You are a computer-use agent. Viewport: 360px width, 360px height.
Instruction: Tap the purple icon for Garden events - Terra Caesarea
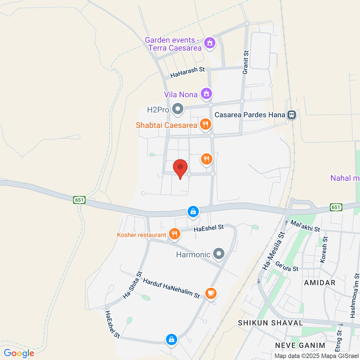210,43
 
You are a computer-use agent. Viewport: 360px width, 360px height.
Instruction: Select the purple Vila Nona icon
206,94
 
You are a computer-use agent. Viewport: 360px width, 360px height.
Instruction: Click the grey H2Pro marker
178,109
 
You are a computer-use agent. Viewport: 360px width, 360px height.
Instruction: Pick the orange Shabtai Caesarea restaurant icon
205,124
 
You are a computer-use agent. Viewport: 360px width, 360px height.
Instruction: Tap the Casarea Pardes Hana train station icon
291,115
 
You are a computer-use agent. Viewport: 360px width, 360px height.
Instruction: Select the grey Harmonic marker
219,254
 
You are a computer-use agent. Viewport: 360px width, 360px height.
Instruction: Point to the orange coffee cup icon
211,293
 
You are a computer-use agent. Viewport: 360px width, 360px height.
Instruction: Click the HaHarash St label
187,72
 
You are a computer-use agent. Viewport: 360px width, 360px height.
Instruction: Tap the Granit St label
246,62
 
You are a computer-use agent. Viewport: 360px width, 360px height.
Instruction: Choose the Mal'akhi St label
305,226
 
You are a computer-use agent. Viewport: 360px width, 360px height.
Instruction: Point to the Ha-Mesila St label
273,251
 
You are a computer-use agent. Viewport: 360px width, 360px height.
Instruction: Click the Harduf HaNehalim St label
171,288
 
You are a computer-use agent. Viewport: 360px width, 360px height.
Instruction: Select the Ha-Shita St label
132,285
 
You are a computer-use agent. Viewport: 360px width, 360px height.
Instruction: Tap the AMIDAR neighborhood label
319,283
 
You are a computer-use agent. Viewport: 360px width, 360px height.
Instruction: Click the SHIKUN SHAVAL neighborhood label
270,323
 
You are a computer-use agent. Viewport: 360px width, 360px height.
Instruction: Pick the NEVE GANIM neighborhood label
300,345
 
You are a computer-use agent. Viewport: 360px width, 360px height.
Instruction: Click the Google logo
19,353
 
